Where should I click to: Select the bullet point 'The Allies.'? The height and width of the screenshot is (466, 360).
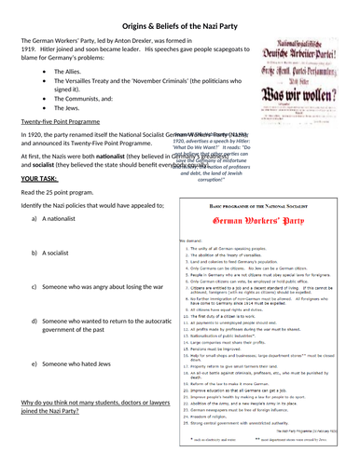72,71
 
